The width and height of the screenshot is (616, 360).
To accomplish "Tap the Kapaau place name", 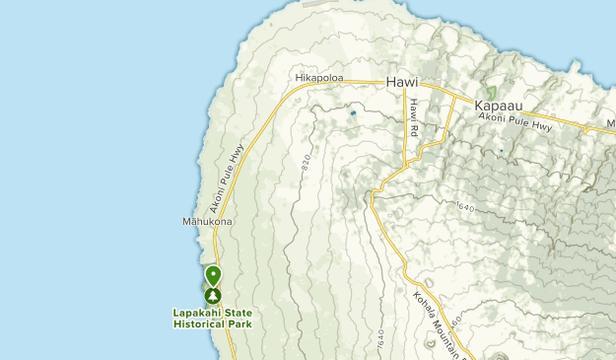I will [x=497, y=106].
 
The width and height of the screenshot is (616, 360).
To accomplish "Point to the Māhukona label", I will [x=206, y=221].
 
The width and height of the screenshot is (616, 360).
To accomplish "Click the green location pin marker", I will [x=213, y=275].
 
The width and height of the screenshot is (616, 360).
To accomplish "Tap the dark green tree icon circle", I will [x=213, y=296].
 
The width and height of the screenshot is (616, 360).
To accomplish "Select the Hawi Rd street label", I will [x=415, y=117].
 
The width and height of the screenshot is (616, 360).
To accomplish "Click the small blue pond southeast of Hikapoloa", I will [x=353, y=113].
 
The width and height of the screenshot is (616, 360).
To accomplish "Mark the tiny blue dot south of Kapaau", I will [x=501, y=150].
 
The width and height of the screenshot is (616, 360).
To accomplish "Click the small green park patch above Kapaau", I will [x=492, y=91].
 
